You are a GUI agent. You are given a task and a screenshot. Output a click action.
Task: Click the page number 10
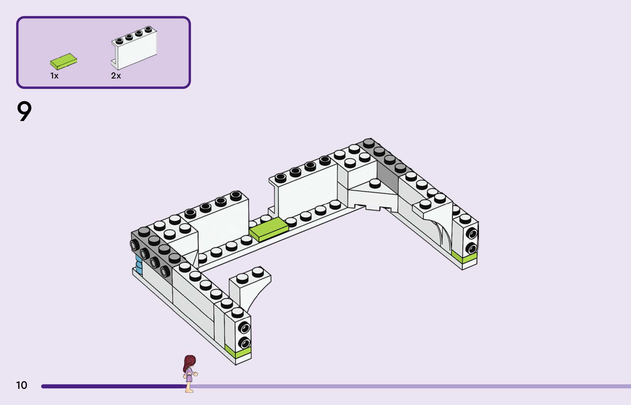pyautogui.click(x=22, y=385)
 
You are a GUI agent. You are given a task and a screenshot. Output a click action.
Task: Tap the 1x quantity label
pyautogui.click(x=54, y=76)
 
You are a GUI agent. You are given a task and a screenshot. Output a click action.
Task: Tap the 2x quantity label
pyautogui.click(x=116, y=76)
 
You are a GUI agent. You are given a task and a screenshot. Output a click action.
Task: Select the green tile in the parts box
pyautogui.click(x=64, y=61)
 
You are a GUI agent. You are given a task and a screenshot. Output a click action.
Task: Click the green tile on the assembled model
pyautogui.click(x=269, y=229)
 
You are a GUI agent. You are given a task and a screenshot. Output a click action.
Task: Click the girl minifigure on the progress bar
pyautogui.click(x=190, y=373)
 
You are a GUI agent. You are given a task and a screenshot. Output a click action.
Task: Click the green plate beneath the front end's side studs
pyautogui.click(x=238, y=352)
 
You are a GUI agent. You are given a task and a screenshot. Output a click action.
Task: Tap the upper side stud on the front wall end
pyautogui.click(x=244, y=328)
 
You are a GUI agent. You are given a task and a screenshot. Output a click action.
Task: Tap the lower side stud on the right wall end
pyautogui.click(x=472, y=249)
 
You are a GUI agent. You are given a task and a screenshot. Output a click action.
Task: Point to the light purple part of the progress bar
pyautogui.click(x=411, y=386)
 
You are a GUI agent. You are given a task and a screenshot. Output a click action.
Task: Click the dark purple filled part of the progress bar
pyautogui.click(x=110, y=386)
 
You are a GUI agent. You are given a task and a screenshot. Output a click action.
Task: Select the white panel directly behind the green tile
pyautogui.click(x=307, y=192)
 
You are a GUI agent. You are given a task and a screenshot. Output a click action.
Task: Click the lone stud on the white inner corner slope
pyautogui.click(x=375, y=183)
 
